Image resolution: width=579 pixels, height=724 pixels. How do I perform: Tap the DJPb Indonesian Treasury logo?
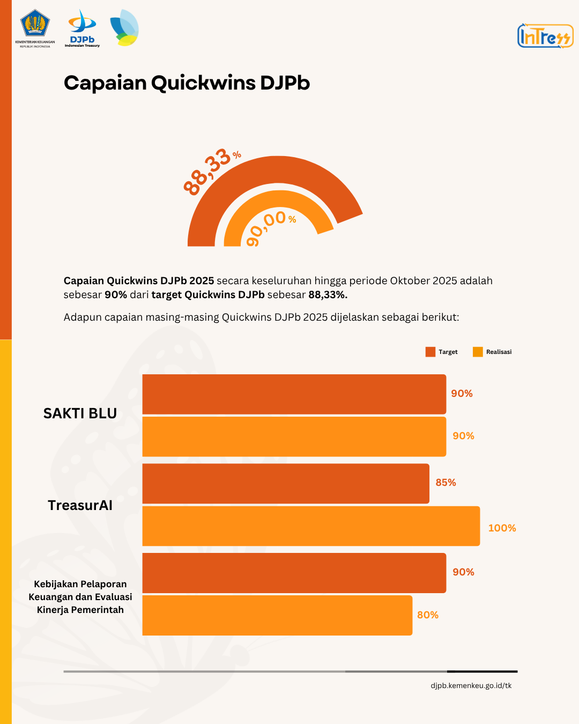pyautogui.click(x=82, y=28)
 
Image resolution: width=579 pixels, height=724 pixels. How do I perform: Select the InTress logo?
pyautogui.click(x=545, y=36)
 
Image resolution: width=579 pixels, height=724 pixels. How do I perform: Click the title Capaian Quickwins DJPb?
pyautogui.click(x=187, y=83)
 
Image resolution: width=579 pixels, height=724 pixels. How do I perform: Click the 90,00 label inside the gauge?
pyautogui.click(x=268, y=226)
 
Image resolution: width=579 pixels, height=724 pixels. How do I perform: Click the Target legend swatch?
pyautogui.click(x=430, y=352)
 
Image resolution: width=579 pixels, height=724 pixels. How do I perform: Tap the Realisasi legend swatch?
pyautogui.click(x=478, y=352)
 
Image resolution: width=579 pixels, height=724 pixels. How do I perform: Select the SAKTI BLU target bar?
pyautogui.click(x=294, y=394)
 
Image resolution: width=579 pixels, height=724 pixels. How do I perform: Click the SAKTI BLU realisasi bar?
pyautogui.click(x=294, y=437)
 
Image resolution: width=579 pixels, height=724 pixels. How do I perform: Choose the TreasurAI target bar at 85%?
pyautogui.click(x=286, y=483)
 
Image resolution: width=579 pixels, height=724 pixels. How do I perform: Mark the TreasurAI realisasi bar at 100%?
pyautogui.click(x=311, y=526)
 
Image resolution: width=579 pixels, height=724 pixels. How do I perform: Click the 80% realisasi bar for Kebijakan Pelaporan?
pyautogui.click(x=277, y=615)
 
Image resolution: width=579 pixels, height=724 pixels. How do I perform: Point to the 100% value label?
pyautogui.click(x=502, y=528)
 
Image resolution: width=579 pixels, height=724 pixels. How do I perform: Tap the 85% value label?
pyautogui.click(x=446, y=483)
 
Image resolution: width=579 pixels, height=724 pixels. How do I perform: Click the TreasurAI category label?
pyautogui.click(x=80, y=505)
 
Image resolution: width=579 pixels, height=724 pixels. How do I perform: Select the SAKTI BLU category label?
pyautogui.click(x=80, y=413)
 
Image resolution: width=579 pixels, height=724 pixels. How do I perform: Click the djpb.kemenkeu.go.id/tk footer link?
pyautogui.click(x=471, y=685)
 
